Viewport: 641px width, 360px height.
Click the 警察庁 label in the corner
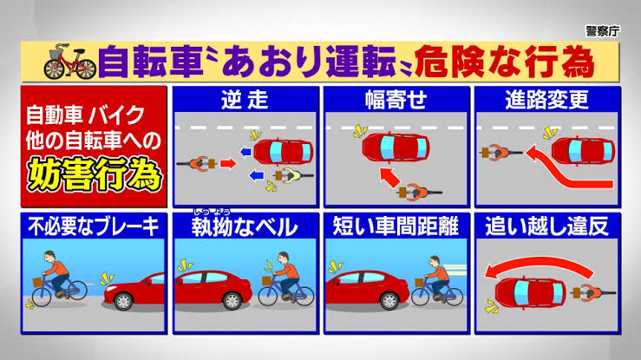pos(603,31)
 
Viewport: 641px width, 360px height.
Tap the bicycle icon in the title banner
pos(70,62)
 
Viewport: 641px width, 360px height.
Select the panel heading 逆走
pos(245,100)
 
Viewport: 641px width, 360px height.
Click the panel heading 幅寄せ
pos(396,100)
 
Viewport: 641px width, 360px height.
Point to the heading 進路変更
pos(547,100)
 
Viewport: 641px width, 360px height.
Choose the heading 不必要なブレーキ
pos(94,226)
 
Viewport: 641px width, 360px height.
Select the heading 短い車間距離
pos(396,226)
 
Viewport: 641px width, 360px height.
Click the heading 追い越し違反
pos(547,226)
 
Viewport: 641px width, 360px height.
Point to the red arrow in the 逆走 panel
pos(228,163)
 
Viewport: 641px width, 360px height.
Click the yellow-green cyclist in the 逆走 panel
pos(292,176)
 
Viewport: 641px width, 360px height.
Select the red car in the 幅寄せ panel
pos(396,147)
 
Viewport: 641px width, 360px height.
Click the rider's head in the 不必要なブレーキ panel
pos(49,256)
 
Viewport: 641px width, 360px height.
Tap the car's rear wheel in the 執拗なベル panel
pos(232,301)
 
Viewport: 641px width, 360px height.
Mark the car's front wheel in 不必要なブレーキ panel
pos(123,301)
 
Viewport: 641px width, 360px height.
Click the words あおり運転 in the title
pos(308,62)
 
